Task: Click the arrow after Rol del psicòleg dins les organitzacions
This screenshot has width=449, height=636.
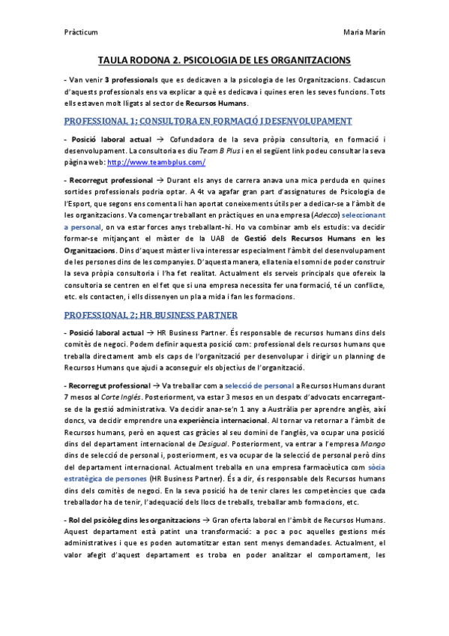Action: point(205,520)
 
